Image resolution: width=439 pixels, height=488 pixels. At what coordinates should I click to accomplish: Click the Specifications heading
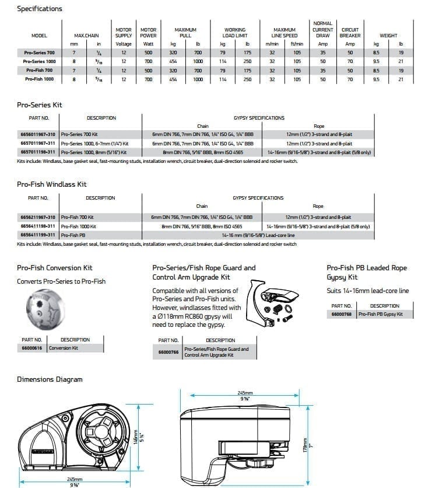[40, 9]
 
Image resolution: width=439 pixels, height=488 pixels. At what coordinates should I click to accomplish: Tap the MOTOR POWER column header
[148, 33]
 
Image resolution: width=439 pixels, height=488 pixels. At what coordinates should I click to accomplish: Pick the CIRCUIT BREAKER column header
[350, 33]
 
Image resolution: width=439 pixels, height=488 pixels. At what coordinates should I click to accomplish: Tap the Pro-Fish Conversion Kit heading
[55, 268]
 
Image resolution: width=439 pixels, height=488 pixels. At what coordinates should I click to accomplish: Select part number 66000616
[32, 348]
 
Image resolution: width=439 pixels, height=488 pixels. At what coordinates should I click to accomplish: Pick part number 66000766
[168, 352]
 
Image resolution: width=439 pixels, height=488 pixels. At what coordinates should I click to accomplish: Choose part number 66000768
[341, 314]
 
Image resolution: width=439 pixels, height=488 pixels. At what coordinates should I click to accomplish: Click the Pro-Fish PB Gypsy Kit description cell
[380, 314]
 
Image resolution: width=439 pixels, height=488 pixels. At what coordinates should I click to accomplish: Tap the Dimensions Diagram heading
[50, 379]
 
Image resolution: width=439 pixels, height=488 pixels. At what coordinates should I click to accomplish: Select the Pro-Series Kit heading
[40, 105]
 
